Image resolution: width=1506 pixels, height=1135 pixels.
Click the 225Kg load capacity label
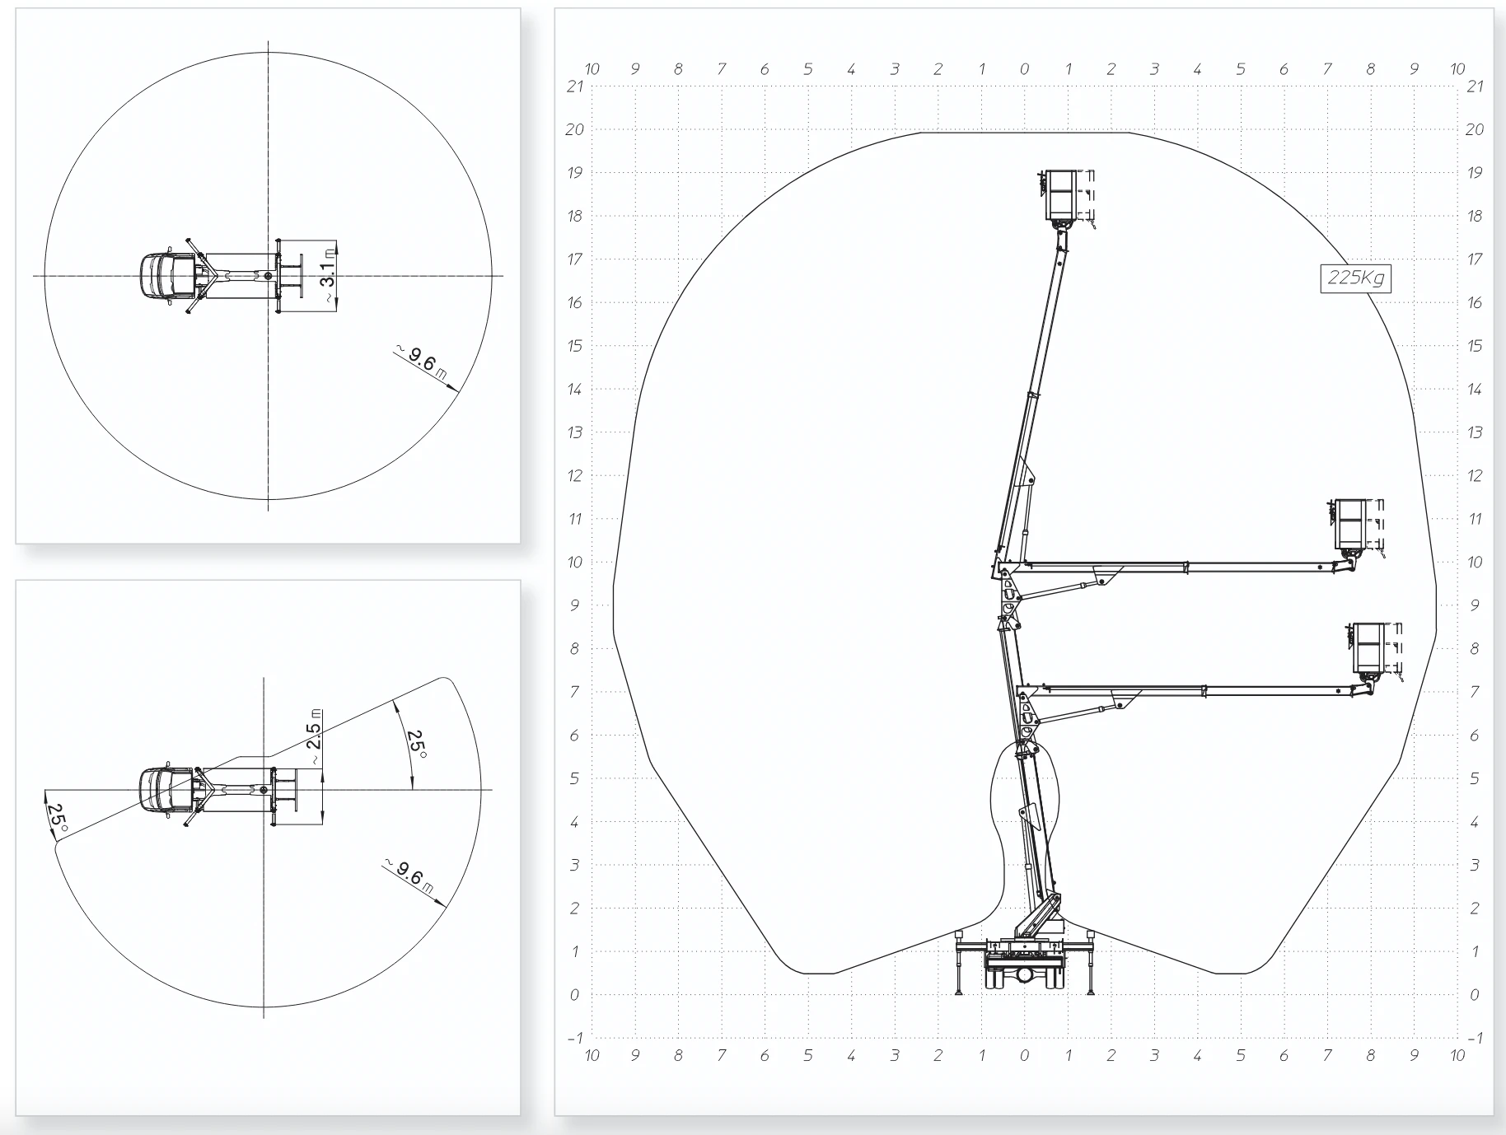tap(1356, 278)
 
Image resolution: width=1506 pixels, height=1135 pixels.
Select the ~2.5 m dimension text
tap(315, 730)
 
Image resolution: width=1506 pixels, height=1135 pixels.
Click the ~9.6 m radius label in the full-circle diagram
tap(421, 363)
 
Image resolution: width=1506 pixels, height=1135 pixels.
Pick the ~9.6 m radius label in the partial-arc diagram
tap(409, 876)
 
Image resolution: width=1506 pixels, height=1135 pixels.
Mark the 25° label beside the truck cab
tap(57, 817)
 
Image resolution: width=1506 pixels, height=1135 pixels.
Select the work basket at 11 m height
tap(1350, 525)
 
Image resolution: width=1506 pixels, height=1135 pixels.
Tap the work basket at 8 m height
tap(1368, 649)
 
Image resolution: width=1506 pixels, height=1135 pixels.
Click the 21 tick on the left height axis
tap(575, 86)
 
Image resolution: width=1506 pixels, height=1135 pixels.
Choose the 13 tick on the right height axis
tap(1475, 432)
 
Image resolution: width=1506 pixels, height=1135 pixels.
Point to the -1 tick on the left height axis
tap(575, 1038)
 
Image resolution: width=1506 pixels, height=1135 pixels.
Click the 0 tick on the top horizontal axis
tap(1024, 69)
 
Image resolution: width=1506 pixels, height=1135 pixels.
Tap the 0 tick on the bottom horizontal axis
tap(1024, 1056)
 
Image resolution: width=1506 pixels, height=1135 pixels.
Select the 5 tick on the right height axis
tap(1475, 778)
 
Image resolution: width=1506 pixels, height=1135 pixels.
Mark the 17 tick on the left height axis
tap(575, 259)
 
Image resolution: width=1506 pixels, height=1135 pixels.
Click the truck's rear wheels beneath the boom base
tap(1023, 976)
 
